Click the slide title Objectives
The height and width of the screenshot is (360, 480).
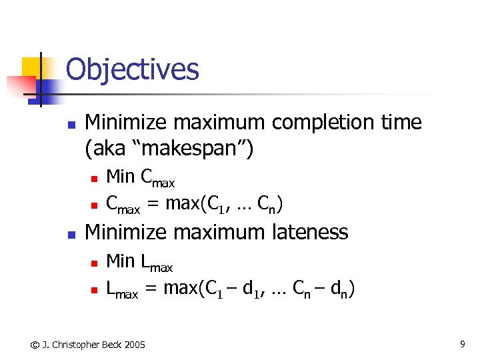coord(133,69)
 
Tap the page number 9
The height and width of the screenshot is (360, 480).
coord(462,344)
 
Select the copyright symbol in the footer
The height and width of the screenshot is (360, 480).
coord(33,345)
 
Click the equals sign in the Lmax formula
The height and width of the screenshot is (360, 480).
coord(151,289)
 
